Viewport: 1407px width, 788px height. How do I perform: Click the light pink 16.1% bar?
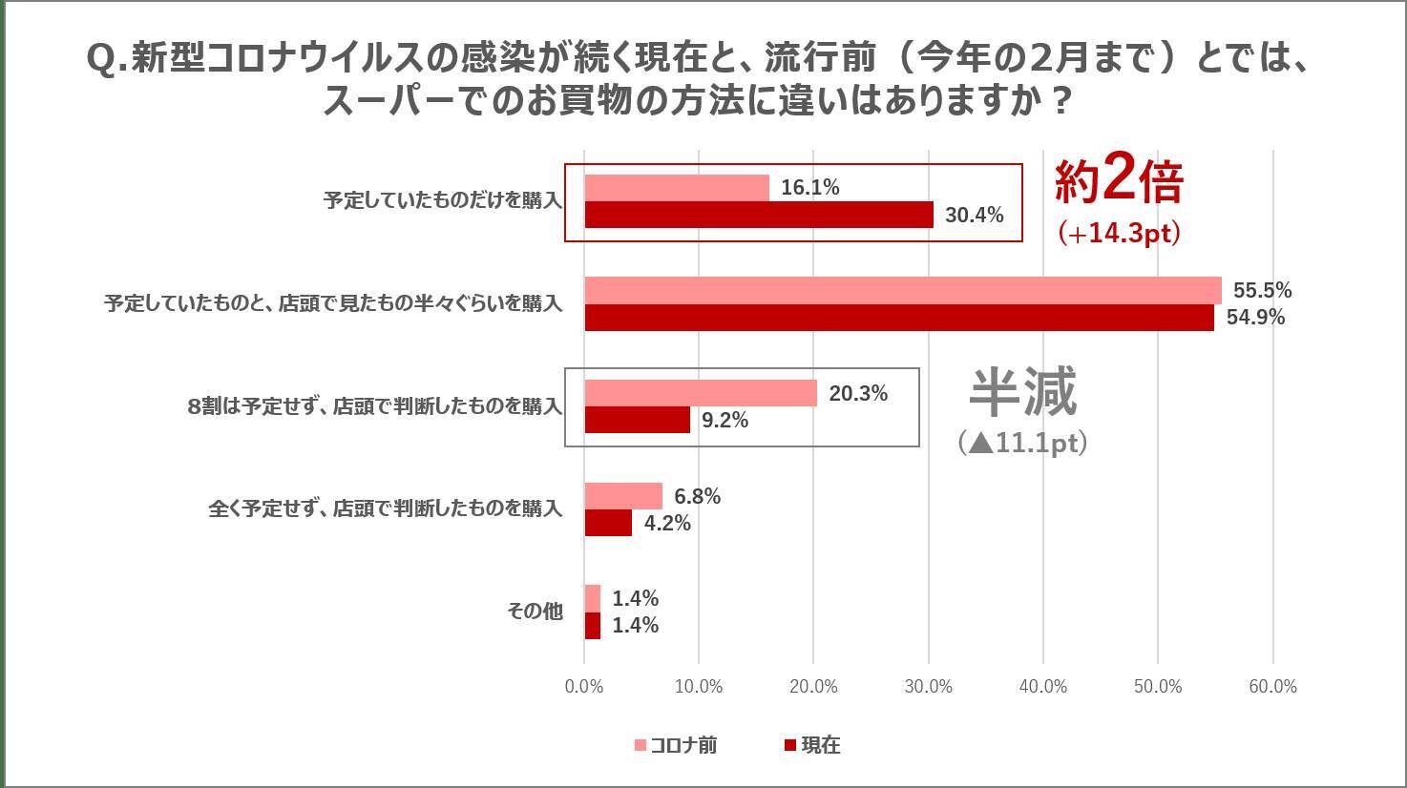click(x=677, y=188)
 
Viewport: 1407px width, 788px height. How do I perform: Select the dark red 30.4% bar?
click(x=759, y=215)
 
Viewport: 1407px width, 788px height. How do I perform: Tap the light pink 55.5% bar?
click(x=902, y=290)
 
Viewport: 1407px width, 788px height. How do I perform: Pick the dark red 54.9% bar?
click(x=898, y=318)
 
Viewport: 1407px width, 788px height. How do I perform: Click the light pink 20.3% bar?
click(x=701, y=393)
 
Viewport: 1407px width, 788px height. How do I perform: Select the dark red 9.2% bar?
click(x=637, y=420)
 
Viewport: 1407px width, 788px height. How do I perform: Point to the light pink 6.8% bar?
click(x=623, y=496)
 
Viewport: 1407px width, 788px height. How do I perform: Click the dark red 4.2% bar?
click(x=608, y=523)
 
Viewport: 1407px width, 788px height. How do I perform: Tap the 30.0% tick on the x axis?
click(x=928, y=687)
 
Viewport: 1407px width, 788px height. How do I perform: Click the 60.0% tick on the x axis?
click(x=1272, y=687)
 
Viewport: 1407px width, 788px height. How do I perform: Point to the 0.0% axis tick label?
click(x=584, y=687)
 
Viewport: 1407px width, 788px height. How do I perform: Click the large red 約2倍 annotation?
click(x=1118, y=181)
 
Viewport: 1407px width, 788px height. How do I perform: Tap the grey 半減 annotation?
click(x=1022, y=392)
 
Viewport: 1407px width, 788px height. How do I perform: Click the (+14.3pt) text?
click(x=1119, y=233)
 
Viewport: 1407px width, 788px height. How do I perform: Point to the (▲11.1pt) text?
click(x=1022, y=443)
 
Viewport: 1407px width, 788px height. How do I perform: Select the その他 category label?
click(x=535, y=612)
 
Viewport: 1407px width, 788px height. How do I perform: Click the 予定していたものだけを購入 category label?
click(x=442, y=201)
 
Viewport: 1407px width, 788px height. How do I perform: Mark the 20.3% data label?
click(x=858, y=393)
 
